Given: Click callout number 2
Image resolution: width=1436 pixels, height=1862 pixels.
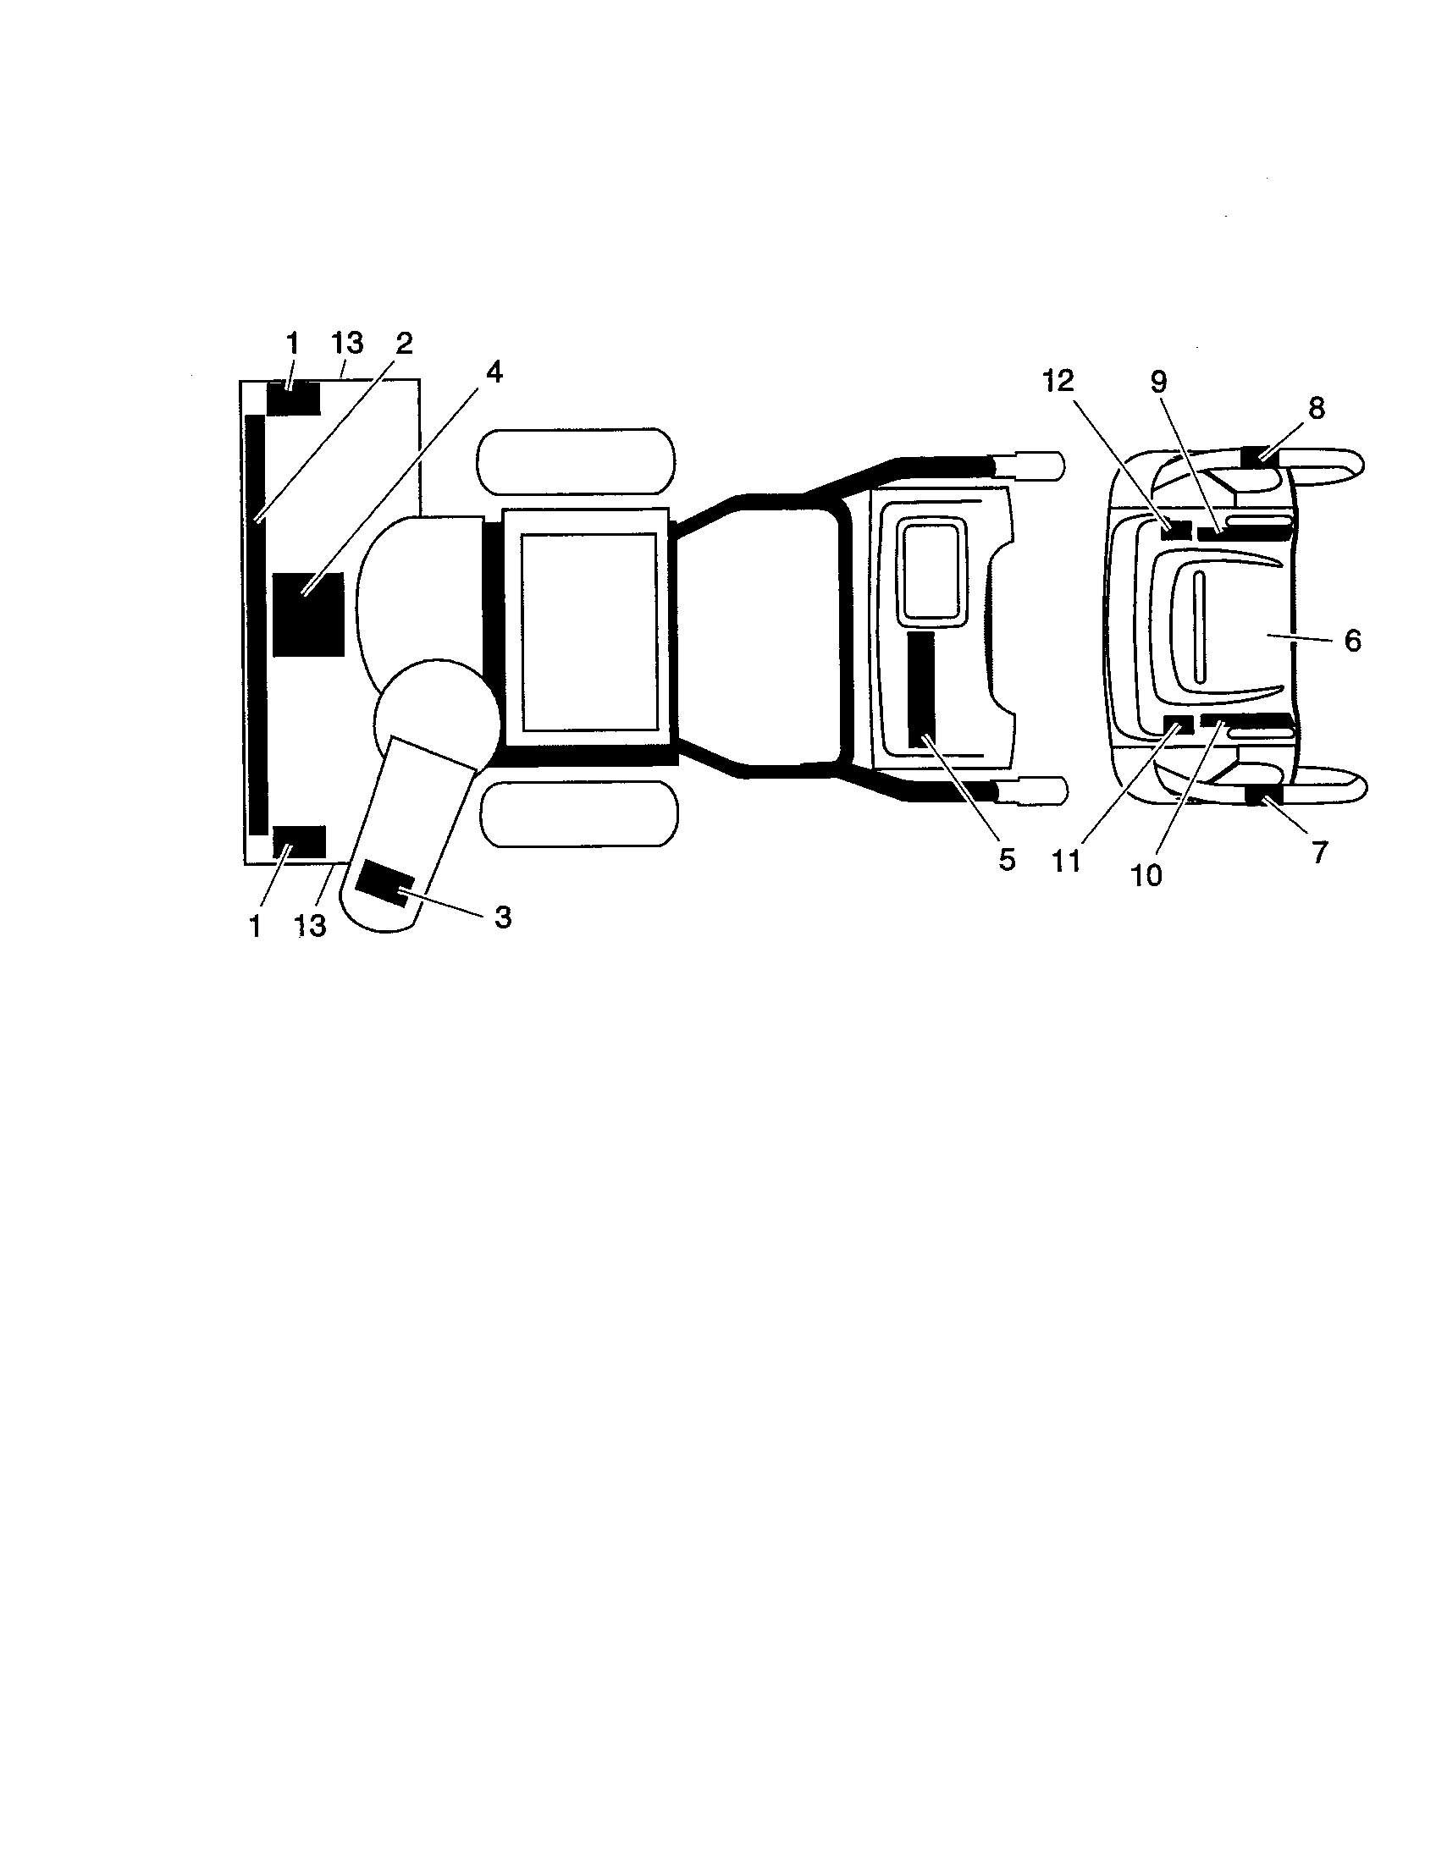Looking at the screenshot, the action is coord(403,344).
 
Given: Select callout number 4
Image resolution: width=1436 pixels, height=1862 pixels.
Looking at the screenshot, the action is coord(494,372).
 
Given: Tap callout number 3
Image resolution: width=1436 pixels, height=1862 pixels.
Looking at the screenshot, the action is coord(503,917).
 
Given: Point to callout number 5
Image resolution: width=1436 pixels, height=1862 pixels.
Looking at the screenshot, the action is coord(1007,860).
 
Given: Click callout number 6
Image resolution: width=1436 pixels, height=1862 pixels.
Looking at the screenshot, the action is coord(1352,641).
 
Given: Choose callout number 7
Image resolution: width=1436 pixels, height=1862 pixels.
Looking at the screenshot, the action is coord(1319,851).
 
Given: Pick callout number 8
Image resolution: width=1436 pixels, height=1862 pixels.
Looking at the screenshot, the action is coord(1317,409).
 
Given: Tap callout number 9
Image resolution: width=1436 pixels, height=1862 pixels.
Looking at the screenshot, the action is coord(1158,382).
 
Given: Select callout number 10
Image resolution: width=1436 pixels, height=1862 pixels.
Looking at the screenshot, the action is coord(1147,876).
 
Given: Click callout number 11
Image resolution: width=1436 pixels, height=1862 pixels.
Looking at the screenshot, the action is coord(1066,861).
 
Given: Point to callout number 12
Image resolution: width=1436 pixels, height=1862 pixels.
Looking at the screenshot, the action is coord(1058,381).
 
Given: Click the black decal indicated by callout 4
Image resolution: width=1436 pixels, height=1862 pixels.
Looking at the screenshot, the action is coord(308,614).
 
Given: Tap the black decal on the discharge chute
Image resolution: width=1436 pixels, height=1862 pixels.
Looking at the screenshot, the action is coord(385,884).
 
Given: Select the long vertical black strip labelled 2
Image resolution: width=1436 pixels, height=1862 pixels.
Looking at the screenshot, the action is coord(256,625).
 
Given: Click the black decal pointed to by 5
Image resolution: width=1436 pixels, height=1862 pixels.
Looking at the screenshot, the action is coord(921,690).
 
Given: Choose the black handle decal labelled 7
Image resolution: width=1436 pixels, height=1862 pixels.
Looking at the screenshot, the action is coord(1265,796).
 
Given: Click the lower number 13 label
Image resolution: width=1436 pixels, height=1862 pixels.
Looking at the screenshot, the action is coord(311,926).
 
